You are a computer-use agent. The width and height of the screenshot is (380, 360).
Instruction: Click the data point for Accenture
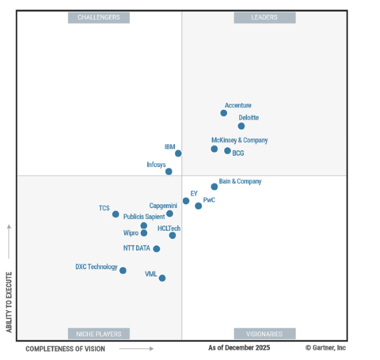point(224,113)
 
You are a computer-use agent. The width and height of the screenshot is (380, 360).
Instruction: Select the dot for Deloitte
point(241,126)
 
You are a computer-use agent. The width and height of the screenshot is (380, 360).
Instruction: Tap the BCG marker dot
point(228,151)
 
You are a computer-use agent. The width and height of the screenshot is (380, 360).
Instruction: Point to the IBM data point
point(178,153)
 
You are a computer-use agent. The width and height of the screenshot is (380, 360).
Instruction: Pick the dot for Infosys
point(169,171)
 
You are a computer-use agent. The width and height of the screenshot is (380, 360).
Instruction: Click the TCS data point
point(115,214)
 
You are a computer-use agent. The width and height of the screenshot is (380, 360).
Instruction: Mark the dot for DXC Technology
point(123,271)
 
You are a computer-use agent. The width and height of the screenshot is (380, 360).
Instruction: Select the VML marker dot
point(162,278)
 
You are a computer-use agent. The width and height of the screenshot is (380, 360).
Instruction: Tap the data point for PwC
point(199,206)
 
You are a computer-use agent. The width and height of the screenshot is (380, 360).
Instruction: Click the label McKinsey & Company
point(239,140)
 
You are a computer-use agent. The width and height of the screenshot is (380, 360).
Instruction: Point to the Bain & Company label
point(240,181)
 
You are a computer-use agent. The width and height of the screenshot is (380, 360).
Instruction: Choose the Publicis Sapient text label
point(144,217)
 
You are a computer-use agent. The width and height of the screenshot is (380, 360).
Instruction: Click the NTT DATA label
point(136,248)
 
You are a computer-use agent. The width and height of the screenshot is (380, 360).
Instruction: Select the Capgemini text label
point(163,206)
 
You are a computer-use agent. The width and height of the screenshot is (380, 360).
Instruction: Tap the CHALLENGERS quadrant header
point(99,18)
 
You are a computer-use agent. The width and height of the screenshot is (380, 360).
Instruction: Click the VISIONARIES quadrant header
point(265,334)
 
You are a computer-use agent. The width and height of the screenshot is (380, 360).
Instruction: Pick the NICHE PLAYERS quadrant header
point(99,334)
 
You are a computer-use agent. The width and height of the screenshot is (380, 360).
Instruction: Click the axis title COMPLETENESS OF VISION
point(66,349)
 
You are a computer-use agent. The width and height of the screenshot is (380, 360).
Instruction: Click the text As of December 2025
point(239,348)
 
